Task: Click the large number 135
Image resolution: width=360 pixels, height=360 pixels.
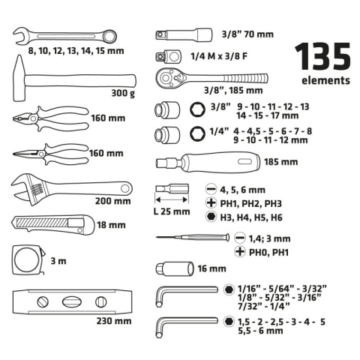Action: (323, 56)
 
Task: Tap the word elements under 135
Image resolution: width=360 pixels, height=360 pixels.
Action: (325, 80)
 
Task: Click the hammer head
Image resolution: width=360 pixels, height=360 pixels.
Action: (19, 78)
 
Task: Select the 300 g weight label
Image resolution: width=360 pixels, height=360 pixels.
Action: (123, 93)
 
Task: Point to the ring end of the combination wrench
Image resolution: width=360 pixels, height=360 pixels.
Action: (110, 36)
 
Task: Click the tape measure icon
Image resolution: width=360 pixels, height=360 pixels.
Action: (28, 260)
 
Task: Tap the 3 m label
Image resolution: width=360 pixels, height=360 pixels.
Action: (58, 261)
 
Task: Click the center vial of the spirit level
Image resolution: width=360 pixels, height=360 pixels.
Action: (72, 302)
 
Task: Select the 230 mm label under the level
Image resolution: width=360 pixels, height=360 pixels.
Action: (114, 321)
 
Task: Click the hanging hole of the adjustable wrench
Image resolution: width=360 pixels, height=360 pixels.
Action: (125, 188)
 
